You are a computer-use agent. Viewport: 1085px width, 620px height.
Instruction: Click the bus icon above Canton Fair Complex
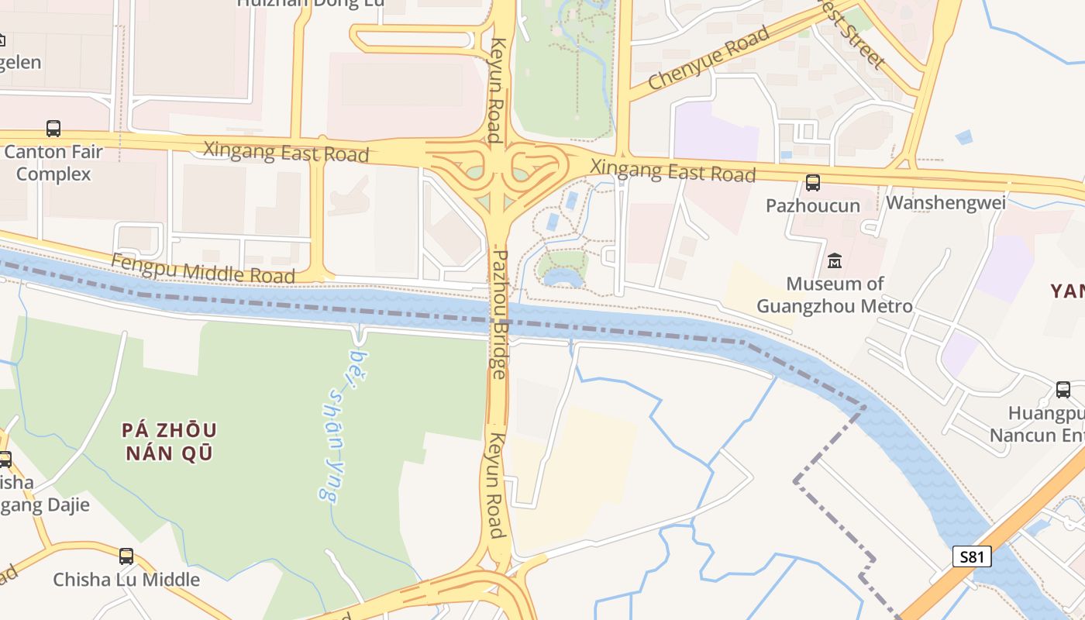coord(53,129)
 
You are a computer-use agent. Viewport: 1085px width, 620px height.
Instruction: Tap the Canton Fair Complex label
coord(53,163)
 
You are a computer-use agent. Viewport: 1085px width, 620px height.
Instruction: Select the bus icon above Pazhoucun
coord(813,183)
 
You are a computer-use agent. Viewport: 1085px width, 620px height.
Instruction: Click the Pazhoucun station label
coord(813,205)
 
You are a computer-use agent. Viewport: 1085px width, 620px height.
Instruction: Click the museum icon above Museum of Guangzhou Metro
coord(835,261)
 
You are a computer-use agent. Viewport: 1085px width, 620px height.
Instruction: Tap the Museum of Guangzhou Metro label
coord(835,294)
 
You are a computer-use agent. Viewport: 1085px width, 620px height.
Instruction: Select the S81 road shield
coord(972,556)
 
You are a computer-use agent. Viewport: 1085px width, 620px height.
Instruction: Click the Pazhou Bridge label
coord(500,314)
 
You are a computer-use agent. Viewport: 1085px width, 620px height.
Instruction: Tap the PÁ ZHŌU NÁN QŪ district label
coord(169,441)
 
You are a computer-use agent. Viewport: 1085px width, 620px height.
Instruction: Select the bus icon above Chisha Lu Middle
coord(126,556)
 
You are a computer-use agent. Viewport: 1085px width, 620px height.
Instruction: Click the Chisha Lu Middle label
coord(126,579)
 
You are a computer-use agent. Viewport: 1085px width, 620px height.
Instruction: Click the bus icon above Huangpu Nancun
coord(1063,389)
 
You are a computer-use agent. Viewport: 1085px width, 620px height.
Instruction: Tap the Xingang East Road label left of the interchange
coord(286,151)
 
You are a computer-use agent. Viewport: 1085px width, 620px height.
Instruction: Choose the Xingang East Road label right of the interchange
coord(673,170)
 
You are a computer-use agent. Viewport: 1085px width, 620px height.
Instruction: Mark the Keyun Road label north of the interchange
coord(496,90)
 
